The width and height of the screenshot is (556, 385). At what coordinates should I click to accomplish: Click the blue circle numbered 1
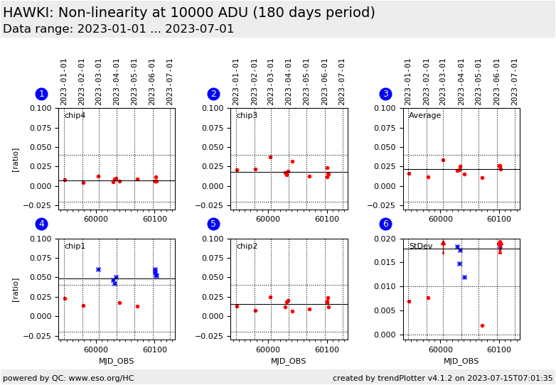[x=41, y=94]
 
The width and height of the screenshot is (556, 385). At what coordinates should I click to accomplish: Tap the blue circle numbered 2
[x=213, y=94]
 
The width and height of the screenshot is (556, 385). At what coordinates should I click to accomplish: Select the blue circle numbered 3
[x=385, y=94]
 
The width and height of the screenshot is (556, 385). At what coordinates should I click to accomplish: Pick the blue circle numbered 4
[x=41, y=224]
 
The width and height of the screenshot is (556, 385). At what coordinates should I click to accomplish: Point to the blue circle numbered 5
[x=213, y=224]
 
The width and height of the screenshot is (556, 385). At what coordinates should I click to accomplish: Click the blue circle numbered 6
[x=385, y=224]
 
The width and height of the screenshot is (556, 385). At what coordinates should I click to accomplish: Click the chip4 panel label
[x=75, y=116]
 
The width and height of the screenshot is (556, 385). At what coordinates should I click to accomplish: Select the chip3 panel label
[x=247, y=116]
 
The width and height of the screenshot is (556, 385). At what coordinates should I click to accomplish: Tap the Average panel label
[x=424, y=116]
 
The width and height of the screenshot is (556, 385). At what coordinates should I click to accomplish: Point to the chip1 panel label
[x=75, y=246]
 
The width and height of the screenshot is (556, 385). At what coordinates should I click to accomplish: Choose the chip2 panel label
[x=247, y=246]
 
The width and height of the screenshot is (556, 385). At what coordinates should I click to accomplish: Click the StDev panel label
[x=420, y=246]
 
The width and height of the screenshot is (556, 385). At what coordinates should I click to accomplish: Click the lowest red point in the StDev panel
[x=482, y=325]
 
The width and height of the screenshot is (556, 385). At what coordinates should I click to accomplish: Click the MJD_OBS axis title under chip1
[x=116, y=361]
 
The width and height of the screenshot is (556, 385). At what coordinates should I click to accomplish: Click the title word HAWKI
[x=26, y=13]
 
